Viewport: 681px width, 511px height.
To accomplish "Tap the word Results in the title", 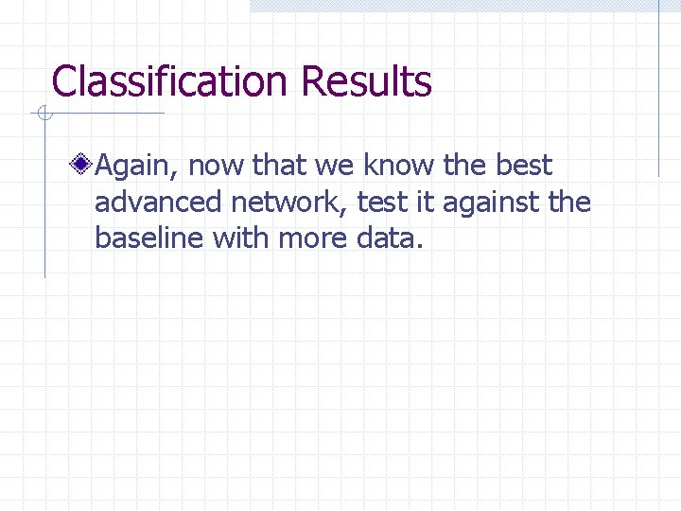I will [x=366, y=82].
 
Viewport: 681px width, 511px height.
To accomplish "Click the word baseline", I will [x=149, y=238].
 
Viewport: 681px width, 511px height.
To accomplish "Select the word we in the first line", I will [x=333, y=167].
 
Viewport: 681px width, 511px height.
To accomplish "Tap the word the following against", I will [x=568, y=203].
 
